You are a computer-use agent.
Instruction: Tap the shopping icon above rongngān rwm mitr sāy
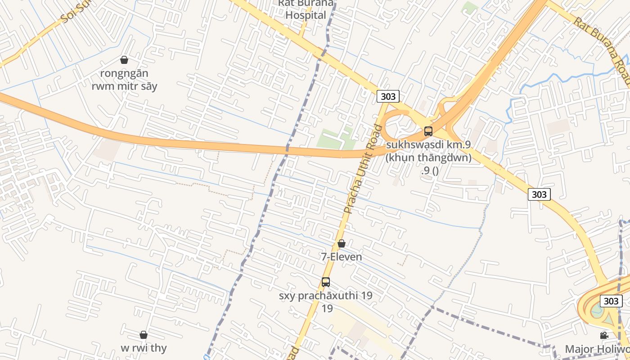pos(124,60)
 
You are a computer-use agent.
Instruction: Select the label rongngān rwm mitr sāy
pos(124,80)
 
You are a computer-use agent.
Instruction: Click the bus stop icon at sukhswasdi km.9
pos(428,131)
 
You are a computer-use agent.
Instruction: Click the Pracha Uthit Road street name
pos(362,169)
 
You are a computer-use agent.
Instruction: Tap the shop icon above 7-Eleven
pos(342,243)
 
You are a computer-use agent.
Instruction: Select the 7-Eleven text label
pos(341,257)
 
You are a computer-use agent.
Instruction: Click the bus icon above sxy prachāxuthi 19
pos(326,282)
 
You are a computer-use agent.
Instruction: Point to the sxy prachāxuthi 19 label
pos(326,296)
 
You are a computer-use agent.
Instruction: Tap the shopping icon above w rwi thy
pos(144,335)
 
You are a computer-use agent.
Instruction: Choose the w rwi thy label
pos(144,348)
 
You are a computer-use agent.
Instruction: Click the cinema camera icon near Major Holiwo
pos(604,336)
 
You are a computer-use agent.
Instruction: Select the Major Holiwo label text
pos(597,349)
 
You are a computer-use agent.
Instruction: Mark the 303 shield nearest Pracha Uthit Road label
pos(388,97)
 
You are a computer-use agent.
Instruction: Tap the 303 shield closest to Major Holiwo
pos(611,301)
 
